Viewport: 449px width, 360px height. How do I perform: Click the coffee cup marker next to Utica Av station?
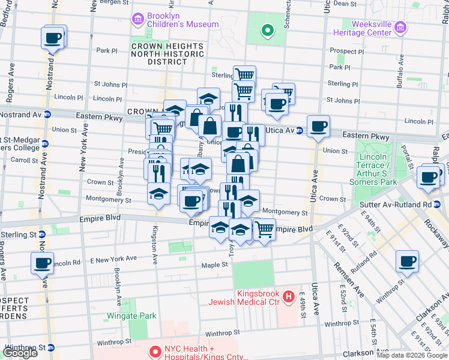click(318, 127)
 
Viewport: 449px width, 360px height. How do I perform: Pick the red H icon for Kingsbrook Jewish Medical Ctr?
click(289, 296)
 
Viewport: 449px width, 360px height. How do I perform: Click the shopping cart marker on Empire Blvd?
click(264, 229)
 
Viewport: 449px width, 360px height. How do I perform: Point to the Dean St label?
click(345, 4)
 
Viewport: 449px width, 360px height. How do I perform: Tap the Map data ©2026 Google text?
click(412, 355)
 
